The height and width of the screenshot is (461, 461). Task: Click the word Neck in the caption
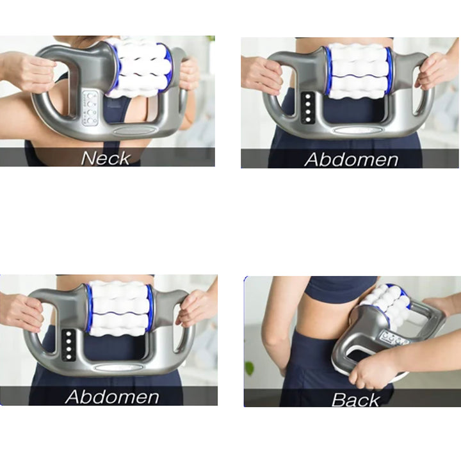[105, 158]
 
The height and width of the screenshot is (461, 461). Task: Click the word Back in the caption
[355, 400]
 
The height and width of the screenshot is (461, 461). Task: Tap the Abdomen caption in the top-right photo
[352, 159]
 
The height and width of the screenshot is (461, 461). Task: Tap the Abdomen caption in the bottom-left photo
[112, 396]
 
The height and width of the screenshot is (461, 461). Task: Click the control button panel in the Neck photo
[90, 108]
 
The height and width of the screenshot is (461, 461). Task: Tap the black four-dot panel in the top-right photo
[308, 108]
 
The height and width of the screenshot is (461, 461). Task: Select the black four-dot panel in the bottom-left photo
[69, 345]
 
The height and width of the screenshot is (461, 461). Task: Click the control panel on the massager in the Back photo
[394, 337]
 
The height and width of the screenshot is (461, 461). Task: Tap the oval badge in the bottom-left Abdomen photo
[118, 368]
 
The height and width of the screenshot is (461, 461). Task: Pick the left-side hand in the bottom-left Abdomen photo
[24, 312]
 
